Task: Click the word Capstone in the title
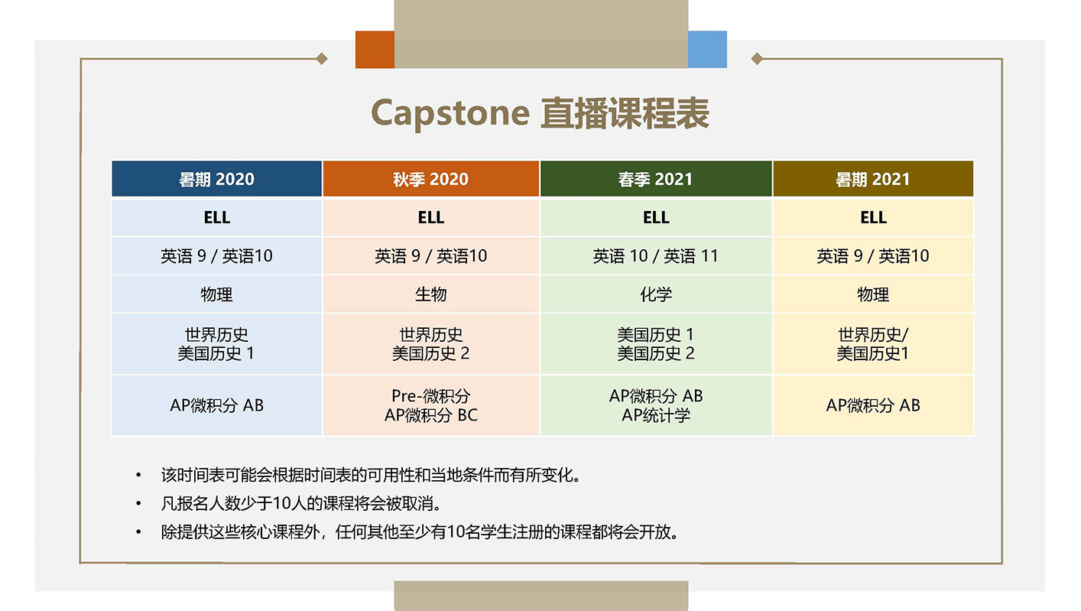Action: point(450,113)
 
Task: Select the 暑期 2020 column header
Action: point(216,179)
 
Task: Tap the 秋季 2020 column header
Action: point(430,179)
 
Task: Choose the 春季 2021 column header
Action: point(655,179)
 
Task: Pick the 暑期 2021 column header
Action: point(872,179)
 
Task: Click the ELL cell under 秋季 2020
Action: point(430,217)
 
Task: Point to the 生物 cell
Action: point(430,294)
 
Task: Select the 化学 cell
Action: point(655,294)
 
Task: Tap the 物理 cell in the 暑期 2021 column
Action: point(872,294)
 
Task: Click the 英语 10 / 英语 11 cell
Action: point(655,256)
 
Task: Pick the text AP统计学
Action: point(655,415)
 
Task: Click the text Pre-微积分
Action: point(430,396)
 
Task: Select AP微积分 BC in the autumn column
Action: point(430,415)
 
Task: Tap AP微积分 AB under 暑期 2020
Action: point(216,405)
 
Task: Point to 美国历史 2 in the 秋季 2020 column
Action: point(430,353)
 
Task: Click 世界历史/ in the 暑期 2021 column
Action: point(872,335)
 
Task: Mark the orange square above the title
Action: point(375,50)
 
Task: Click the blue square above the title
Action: point(707,50)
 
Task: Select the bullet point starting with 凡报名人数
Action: point(301,504)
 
